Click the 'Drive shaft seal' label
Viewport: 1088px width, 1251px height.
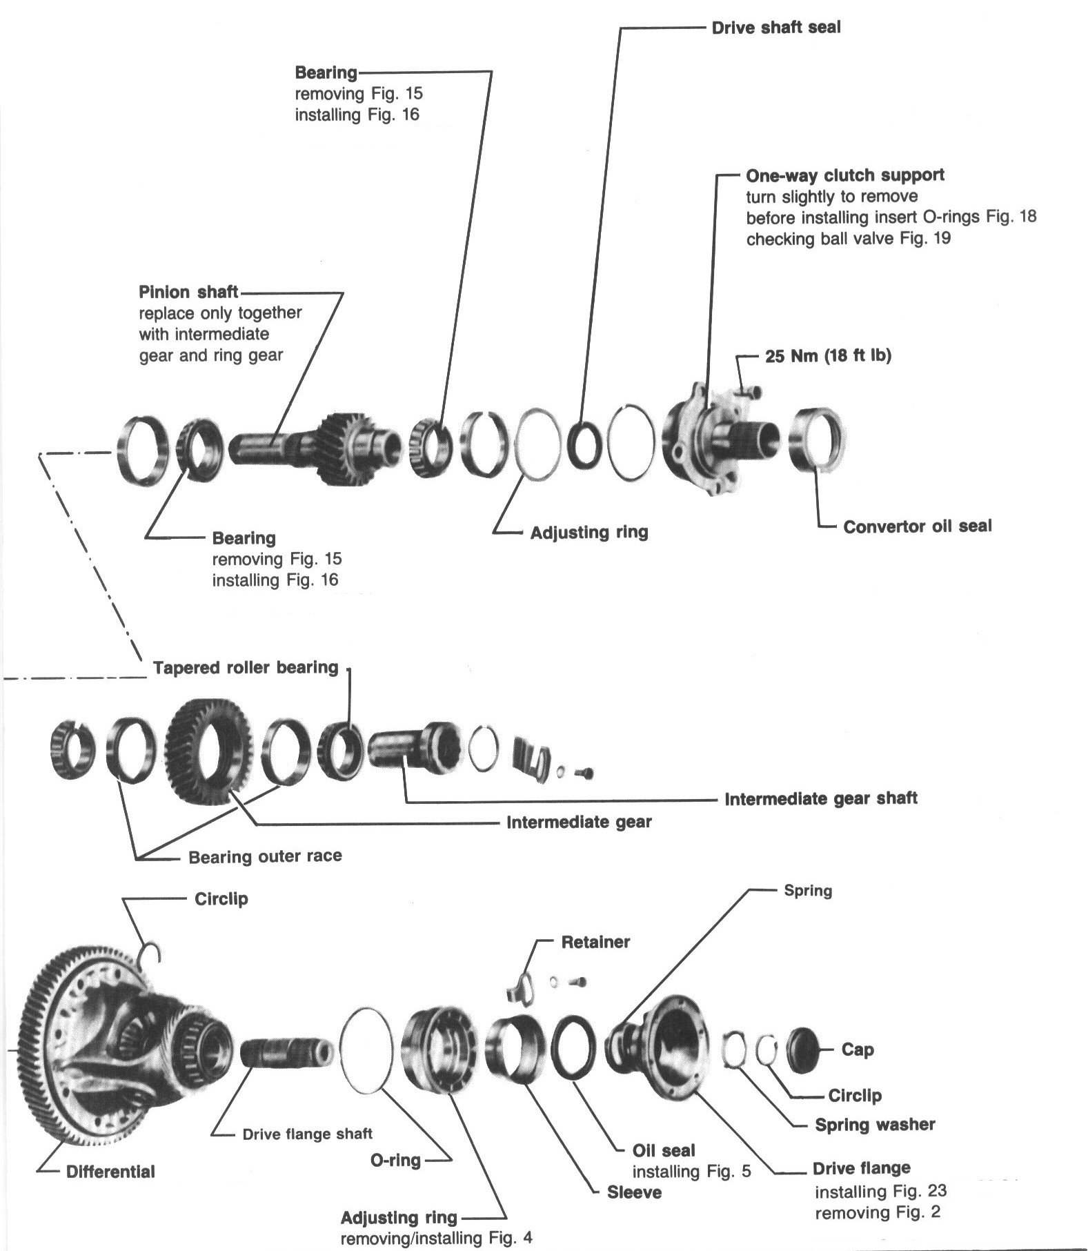775,28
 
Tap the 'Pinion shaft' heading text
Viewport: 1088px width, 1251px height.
188,292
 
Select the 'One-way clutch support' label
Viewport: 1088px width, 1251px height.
844,175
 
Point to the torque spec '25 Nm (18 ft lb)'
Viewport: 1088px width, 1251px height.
828,356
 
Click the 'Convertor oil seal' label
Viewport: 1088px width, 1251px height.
917,526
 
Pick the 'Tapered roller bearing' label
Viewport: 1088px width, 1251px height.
246,668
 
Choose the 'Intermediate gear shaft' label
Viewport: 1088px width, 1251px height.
820,799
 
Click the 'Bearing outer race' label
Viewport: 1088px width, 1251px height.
265,857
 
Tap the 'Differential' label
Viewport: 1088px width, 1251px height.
110,1172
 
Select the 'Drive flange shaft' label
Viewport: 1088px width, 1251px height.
307,1134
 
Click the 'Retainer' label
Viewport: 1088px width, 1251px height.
595,942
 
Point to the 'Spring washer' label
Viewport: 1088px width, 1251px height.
875,1125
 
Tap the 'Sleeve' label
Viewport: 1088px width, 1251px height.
634,1192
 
